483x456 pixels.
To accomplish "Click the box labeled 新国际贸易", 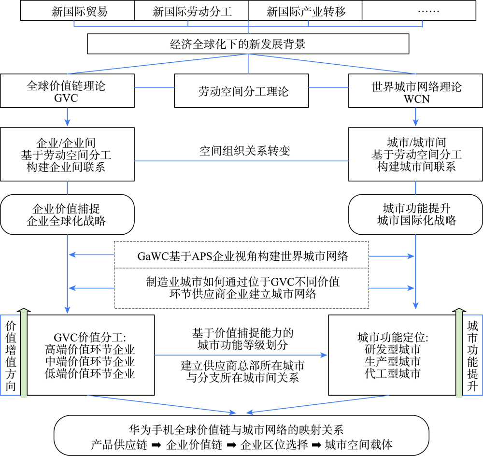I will tap(77, 12).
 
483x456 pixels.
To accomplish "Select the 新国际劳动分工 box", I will tap(191, 12).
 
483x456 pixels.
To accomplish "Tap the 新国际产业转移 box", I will tap(305, 12).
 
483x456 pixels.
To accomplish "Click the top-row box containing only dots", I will tap(419, 12).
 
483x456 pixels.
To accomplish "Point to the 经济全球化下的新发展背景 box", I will tap(248, 45).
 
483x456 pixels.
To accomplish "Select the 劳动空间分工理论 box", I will tap(241, 90).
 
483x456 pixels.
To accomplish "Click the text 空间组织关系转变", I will tap(245, 151).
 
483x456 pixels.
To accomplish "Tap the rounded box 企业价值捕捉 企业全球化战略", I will tap(67, 215).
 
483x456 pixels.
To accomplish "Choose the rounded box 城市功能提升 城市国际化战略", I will tap(415, 215).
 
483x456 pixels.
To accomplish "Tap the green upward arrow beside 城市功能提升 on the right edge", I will tap(458, 353).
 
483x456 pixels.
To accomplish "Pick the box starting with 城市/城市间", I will tap(415, 155).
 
